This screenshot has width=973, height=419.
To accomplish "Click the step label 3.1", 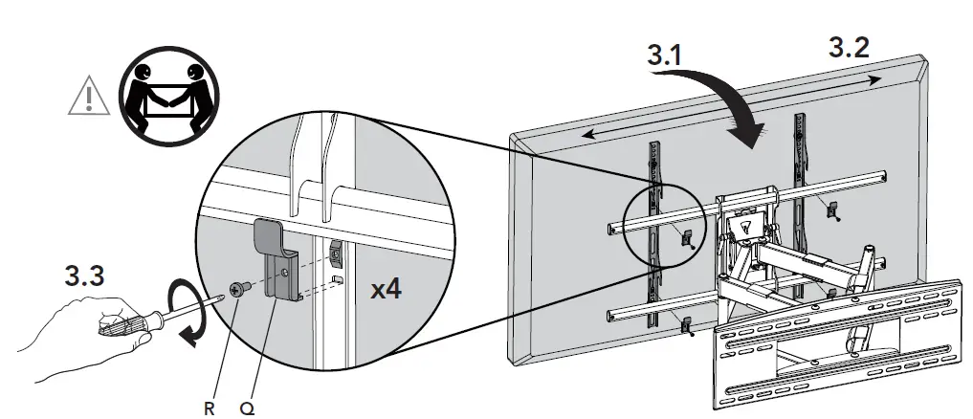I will (665, 56).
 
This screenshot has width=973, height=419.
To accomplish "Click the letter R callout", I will (208, 408).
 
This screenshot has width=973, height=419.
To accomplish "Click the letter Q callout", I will (246, 408).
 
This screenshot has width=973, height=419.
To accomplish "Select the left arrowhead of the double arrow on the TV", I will (587, 135).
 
